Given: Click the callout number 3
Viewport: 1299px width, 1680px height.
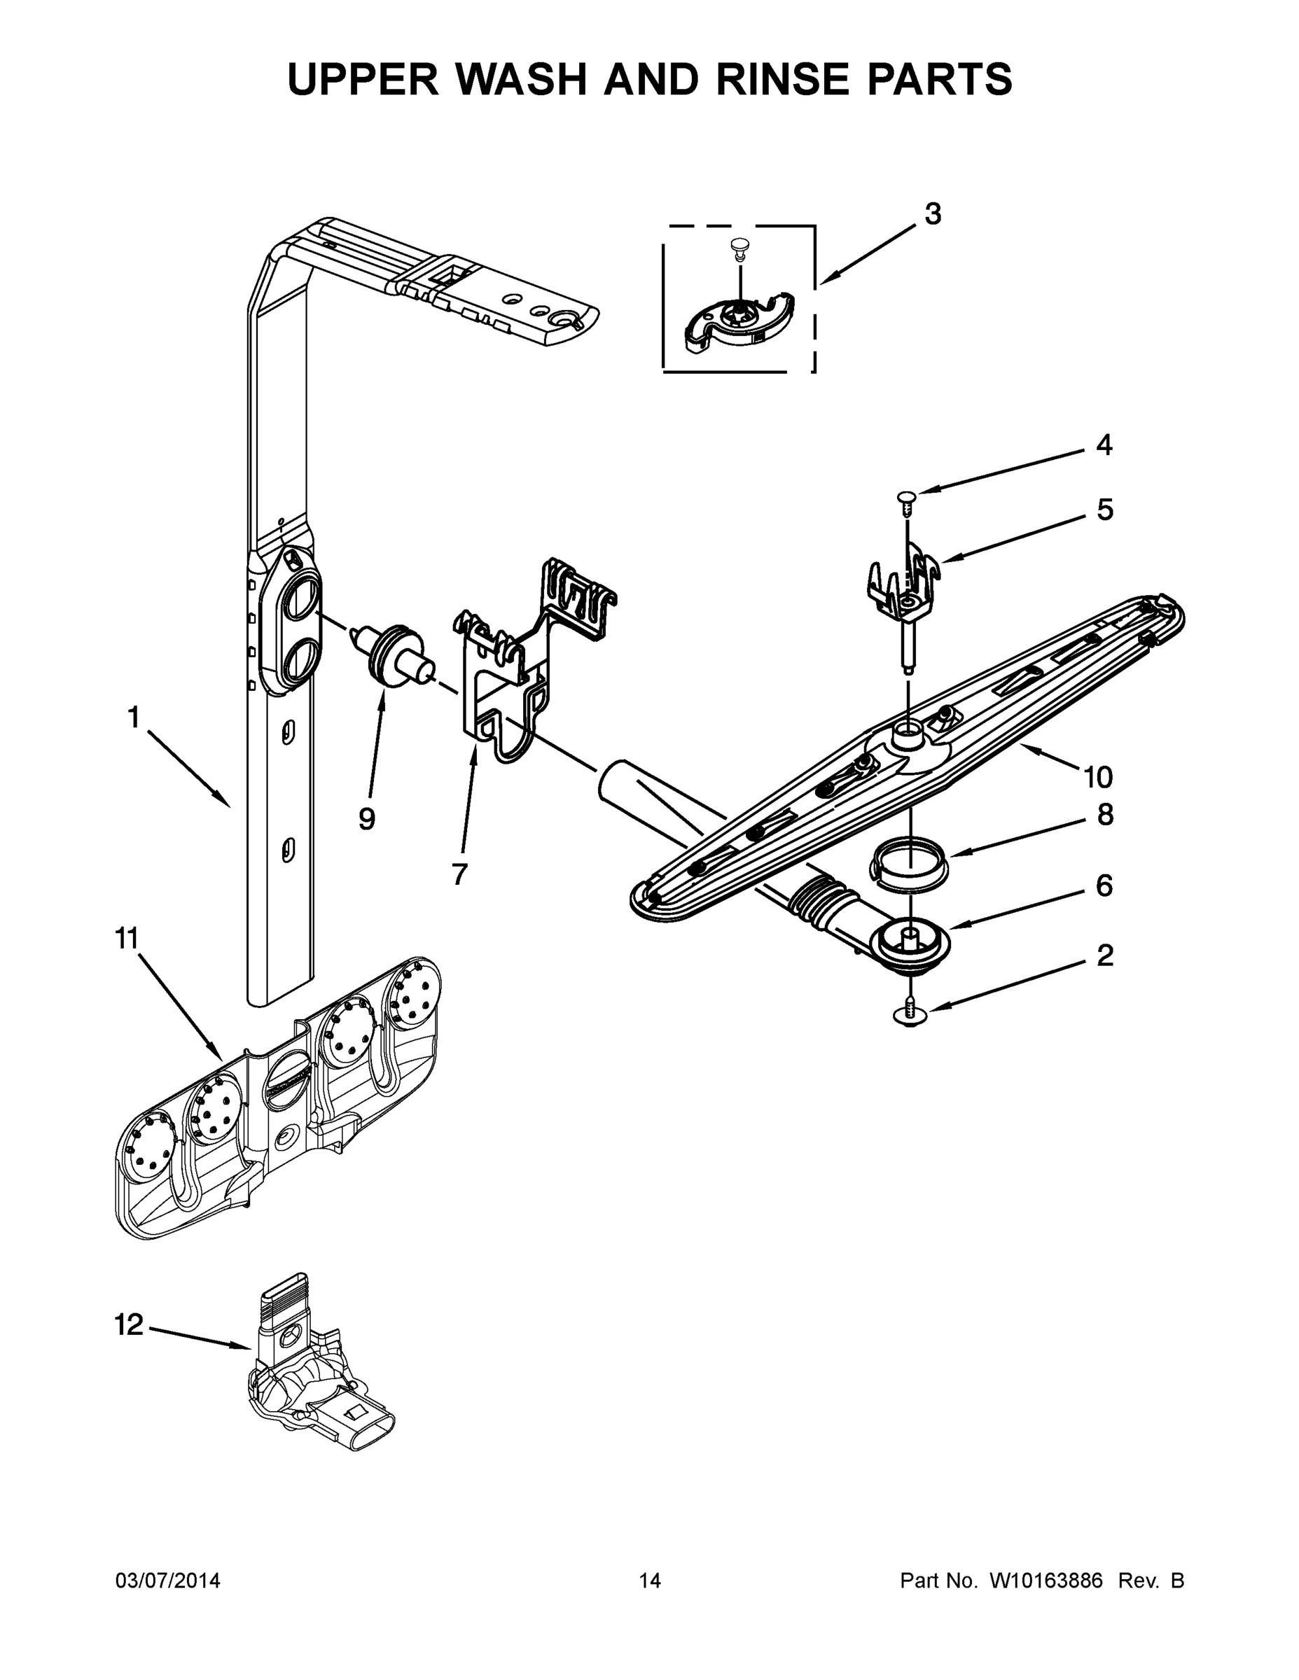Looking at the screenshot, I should click(x=932, y=213).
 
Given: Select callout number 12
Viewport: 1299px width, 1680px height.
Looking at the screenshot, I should click(x=129, y=1324).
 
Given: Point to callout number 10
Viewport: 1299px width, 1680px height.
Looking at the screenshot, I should click(x=1098, y=778).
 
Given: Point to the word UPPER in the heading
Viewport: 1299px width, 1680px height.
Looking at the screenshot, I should click(x=363, y=78).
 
